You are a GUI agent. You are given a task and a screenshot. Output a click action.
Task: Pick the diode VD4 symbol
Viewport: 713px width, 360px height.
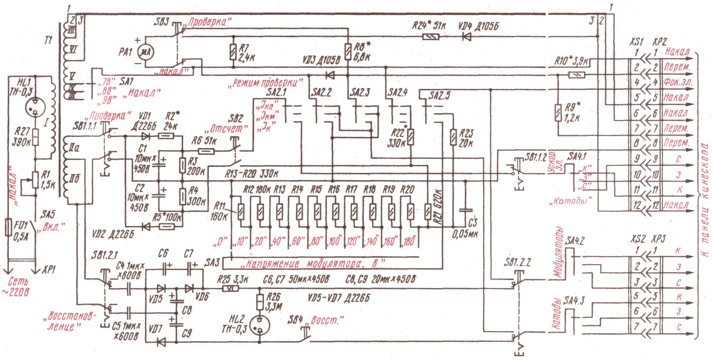(x=466, y=36)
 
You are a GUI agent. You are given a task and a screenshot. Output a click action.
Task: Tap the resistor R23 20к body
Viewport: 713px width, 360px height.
(x=453, y=137)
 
